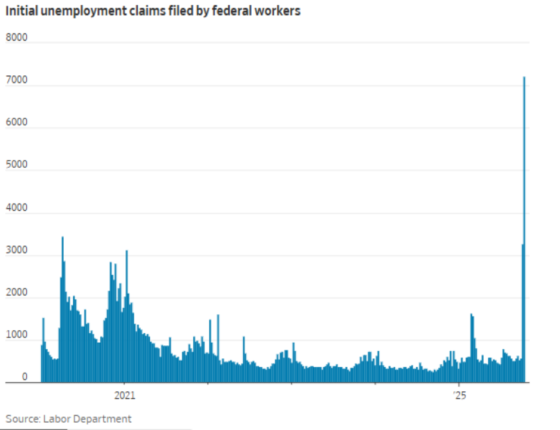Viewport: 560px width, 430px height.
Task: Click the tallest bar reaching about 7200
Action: coord(524,229)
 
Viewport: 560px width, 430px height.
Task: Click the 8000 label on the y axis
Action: coord(17,37)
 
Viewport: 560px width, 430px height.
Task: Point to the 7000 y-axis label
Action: coord(17,80)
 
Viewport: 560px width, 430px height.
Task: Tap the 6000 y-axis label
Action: coord(17,122)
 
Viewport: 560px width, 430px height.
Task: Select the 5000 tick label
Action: coord(17,164)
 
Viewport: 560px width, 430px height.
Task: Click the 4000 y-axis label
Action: coord(17,207)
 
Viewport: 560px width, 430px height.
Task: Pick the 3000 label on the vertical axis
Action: coord(17,250)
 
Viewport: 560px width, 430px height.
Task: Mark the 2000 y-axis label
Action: coord(17,292)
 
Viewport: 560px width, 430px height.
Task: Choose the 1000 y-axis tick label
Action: coord(17,334)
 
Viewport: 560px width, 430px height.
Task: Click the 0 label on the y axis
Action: coord(24,376)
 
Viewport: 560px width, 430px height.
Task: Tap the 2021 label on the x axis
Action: coord(125,395)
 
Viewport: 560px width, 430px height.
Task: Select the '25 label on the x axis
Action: coord(460,395)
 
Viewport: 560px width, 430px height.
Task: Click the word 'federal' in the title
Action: coord(231,11)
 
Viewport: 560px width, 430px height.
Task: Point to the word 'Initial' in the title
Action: coord(21,11)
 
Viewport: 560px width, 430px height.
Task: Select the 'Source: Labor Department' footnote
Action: coord(69,419)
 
